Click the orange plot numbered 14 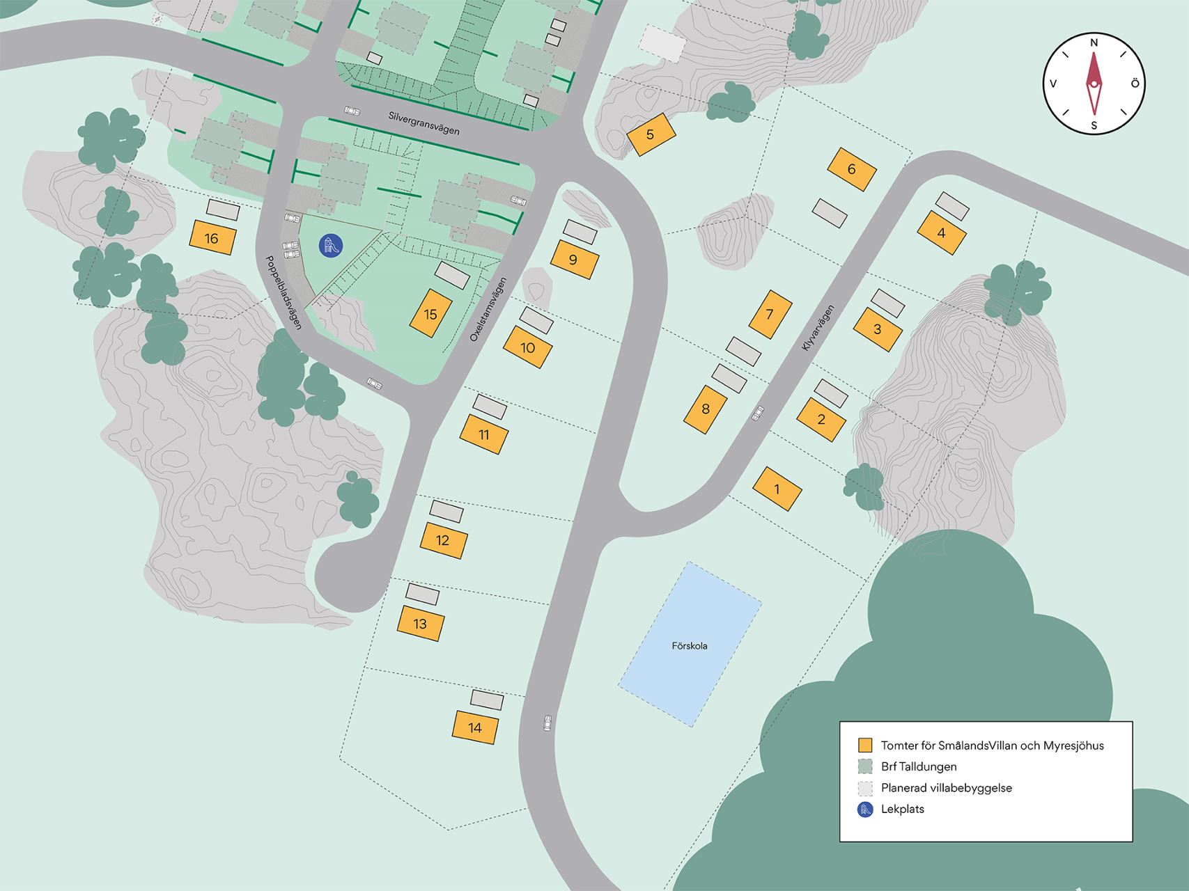(x=476, y=728)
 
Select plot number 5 (x=651, y=134)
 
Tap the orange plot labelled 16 (x=212, y=239)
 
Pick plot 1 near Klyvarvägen (x=777, y=489)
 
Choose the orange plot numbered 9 (x=574, y=260)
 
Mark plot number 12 (x=443, y=541)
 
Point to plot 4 (x=942, y=233)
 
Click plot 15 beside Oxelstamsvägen (x=430, y=314)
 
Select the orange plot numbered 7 (x=770, y=315)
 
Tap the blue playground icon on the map (x=331, y=245)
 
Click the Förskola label (x=690, y=646)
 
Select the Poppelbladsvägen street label (x=283, y=292)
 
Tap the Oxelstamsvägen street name (x=485, y=310)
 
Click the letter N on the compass (x=1094, y=43)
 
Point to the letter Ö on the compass (x=1135, y=84)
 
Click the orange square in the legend (x=865, y=746)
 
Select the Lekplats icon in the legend (x=865, y=809)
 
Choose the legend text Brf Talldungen (x=919, y=767)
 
